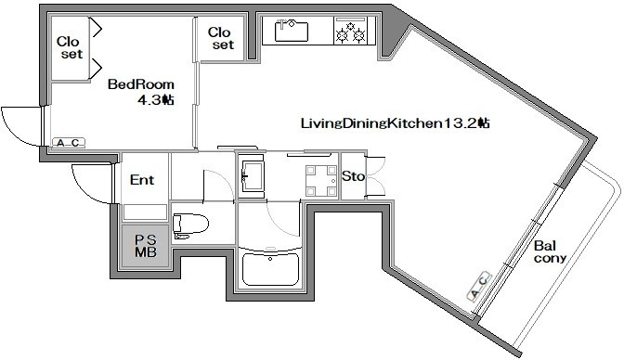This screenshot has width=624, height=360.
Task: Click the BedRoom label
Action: [141, 84]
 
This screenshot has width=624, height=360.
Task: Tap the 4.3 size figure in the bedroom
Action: [149, 100]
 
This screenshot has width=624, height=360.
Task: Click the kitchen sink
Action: [292, 31]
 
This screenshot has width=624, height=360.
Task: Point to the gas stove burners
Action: [351, 33]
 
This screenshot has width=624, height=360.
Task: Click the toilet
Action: [190, 225]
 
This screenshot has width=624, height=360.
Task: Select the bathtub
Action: [270, 269]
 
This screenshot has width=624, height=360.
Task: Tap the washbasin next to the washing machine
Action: [252, 175]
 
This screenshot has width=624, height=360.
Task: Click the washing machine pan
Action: [320, 181]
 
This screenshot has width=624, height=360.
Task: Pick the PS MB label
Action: [146, 246]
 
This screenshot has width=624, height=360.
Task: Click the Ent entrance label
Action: [142, 180]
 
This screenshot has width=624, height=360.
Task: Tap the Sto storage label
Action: [354, 175]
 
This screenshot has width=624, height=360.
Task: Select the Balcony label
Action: [550, 251]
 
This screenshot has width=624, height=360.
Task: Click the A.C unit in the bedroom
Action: [69, 143]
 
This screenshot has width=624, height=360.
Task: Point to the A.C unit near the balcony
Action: [479, 287]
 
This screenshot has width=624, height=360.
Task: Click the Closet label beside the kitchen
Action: [220, 38]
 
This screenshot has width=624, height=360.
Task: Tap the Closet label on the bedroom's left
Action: [70, 47]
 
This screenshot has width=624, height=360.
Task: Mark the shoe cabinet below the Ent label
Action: [145, 212]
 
